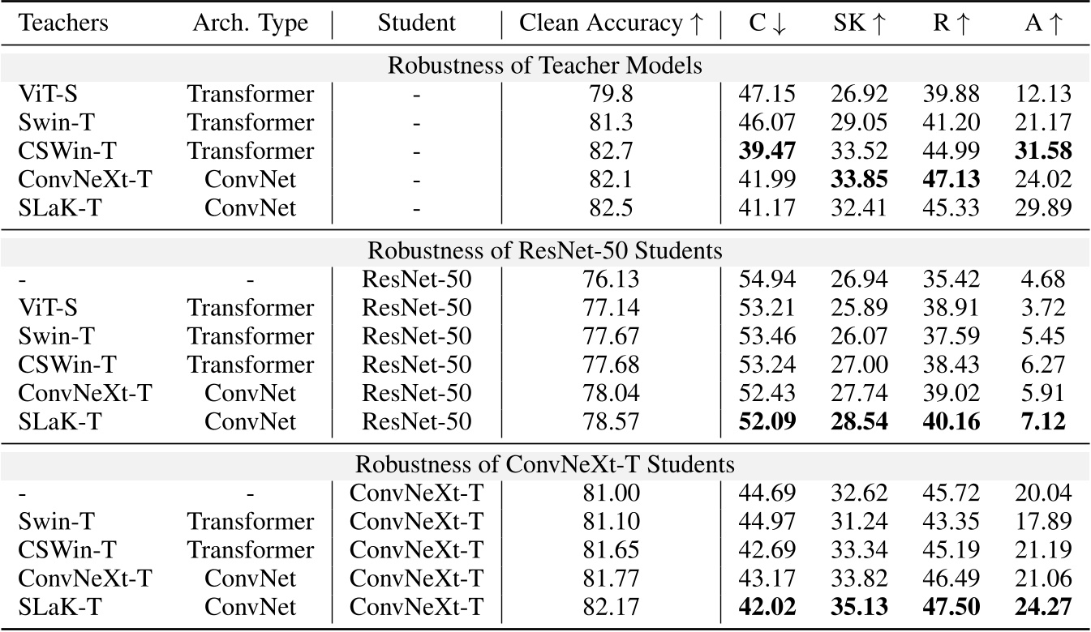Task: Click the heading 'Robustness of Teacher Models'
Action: (x=545, y=66)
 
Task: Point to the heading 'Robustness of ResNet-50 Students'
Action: (x=545, y=251)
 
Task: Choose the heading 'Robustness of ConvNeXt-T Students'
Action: (x=545, y=465)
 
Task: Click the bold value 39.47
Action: (x=767, y=151)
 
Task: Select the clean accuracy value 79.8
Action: (x=611, y=94)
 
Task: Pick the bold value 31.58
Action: (x=1042, y=151)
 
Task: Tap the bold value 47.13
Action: (x=951, y=179)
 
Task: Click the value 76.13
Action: (x=611, y=280)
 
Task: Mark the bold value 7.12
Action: (x=1042, y=421)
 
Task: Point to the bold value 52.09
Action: (x=767, y=421)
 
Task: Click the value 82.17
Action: (x=611, y=607)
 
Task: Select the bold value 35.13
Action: (x=858, y=607)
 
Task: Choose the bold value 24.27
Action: (x=1042, y=607)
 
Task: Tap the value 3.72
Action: (x=1042, y=309)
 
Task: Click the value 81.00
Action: (x=611, y=493)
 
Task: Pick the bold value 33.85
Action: (x=858, y=179)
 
